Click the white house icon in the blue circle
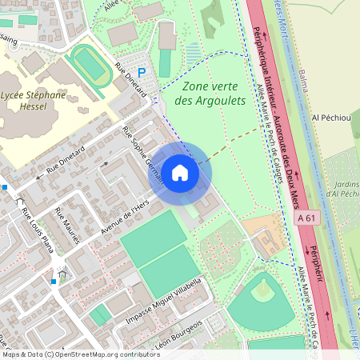[180, 172]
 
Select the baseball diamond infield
[262, 292]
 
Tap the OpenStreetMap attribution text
[81, 354]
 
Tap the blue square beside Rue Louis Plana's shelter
[54, 281]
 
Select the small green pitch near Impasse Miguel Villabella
[100, 316]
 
